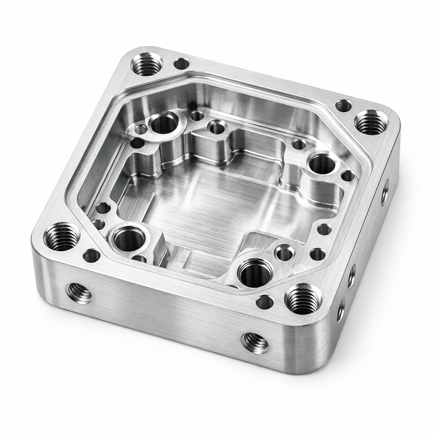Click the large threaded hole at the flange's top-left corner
147,64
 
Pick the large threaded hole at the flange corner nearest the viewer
303,299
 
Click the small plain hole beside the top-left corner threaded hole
181,64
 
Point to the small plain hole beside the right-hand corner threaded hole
343,105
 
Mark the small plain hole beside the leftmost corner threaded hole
91,255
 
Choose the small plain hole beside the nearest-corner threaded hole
265,302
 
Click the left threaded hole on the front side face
79,293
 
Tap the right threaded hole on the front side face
255,342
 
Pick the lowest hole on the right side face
341,311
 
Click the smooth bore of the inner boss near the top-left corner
164,124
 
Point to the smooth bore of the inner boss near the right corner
322,164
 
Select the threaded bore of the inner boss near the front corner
255,272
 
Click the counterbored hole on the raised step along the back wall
217,127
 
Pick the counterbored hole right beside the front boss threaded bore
284,254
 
